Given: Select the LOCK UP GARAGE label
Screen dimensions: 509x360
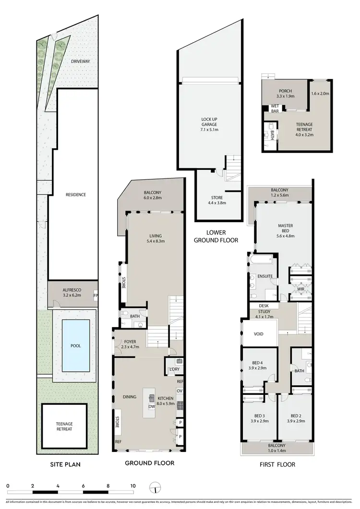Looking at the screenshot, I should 209,124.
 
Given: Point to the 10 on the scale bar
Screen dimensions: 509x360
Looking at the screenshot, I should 132,485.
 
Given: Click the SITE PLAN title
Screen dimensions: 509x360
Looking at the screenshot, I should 65,464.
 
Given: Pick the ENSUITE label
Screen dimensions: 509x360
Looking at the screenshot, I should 265,276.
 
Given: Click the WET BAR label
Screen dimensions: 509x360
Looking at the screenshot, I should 275,108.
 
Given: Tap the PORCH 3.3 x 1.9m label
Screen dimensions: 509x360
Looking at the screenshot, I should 286,94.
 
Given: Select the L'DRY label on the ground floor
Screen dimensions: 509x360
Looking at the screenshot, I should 173,369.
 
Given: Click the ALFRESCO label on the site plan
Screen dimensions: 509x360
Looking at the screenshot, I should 70,291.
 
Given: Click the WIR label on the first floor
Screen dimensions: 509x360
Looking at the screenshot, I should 301,289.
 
